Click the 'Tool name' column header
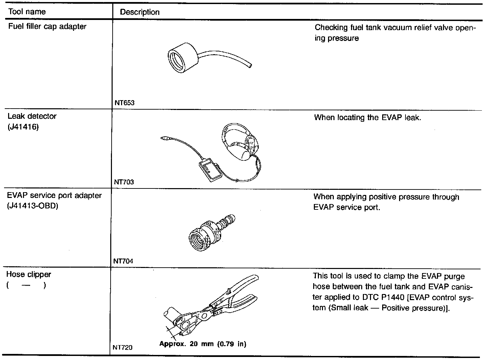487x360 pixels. coord(27,12)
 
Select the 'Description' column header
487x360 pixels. coord(140,12)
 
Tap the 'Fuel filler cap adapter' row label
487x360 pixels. coord(47,26)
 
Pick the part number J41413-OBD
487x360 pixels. coord(32,206)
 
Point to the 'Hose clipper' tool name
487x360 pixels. coord(29,274)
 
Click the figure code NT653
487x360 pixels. coord(124,103)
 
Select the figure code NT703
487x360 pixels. coord(124,182)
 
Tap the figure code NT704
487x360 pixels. coord(123,261)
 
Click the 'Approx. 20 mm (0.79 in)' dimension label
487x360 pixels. coord(203,344)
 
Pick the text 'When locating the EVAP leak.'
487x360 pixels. coord(368,118)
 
